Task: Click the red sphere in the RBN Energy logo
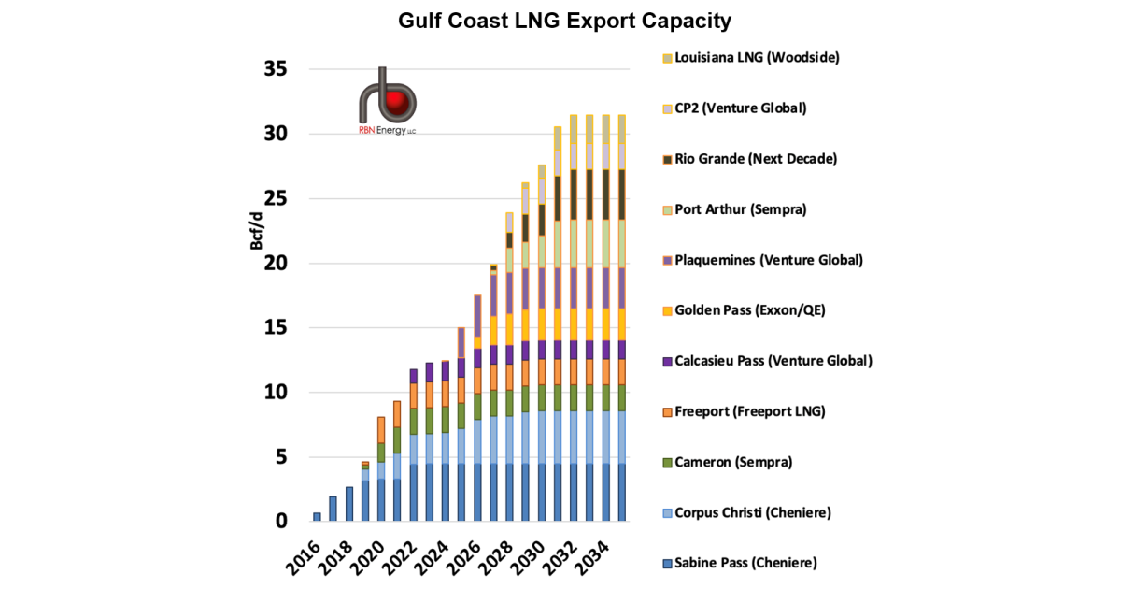coord(400,100)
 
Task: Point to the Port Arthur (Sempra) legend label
coord(740,209)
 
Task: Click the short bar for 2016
coord(317,517)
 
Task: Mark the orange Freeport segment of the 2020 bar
coord(381,430)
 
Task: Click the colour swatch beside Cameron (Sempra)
coord(667,463)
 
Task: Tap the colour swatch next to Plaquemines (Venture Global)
coord(667,261)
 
